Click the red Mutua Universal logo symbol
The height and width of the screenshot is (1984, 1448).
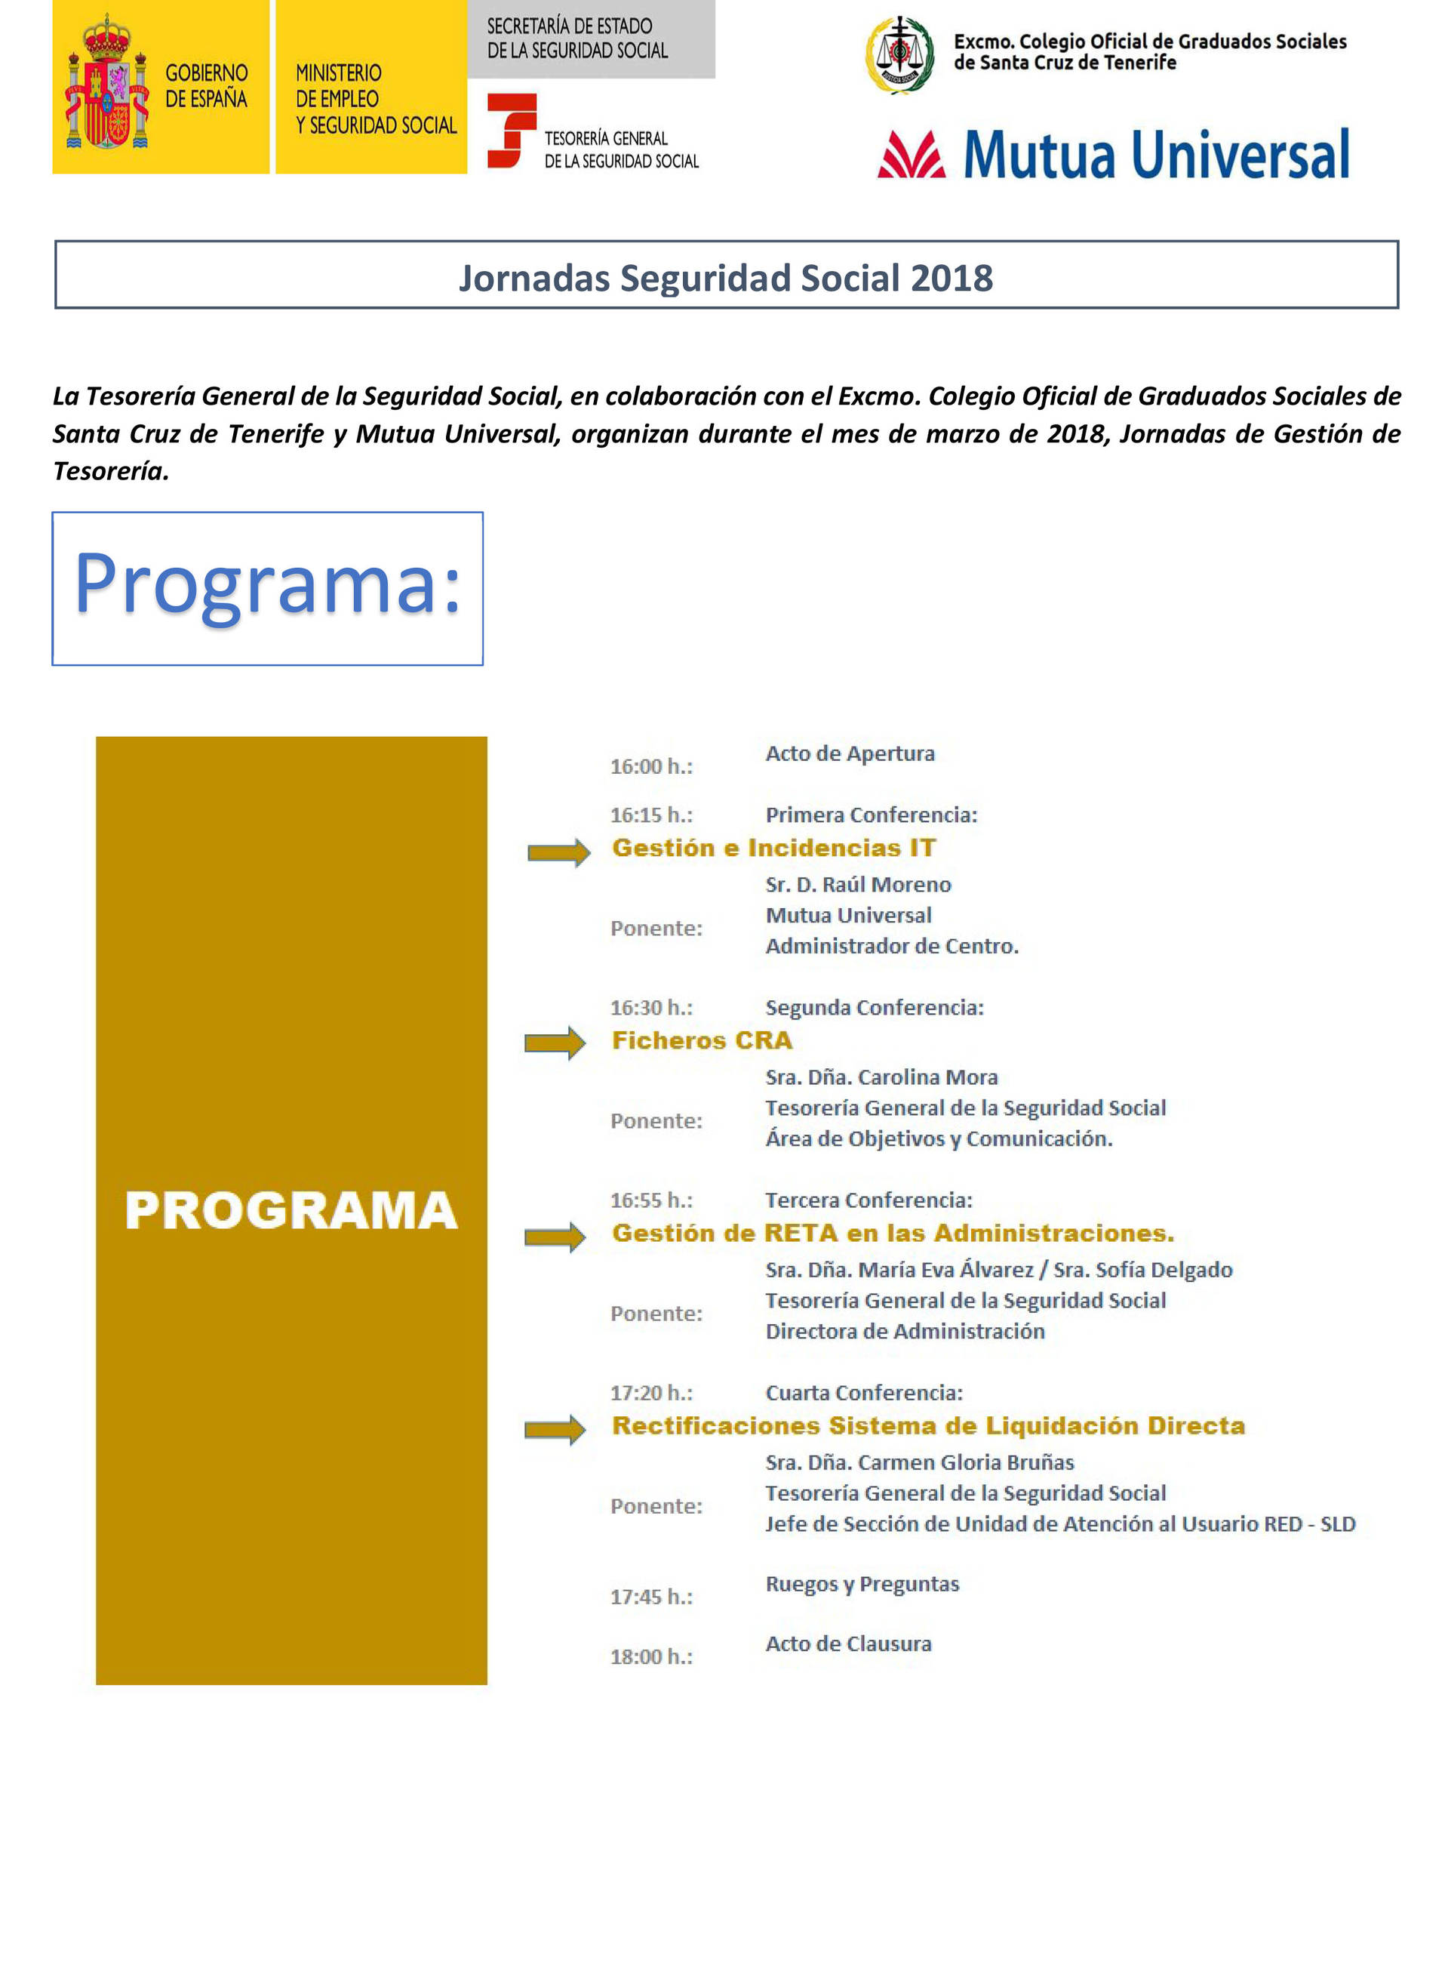911,156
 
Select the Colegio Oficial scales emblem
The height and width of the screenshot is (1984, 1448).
899,54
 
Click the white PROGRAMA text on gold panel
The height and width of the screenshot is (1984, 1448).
291,1211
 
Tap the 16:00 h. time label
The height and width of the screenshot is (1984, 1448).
651,766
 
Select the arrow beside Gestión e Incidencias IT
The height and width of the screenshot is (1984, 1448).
558,852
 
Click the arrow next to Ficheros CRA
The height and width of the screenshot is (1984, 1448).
555,1043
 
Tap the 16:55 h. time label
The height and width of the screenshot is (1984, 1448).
651,1200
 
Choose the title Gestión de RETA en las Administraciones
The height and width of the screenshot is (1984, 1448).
893,1233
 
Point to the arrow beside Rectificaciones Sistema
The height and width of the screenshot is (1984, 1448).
555,1429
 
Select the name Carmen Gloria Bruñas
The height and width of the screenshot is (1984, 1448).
965,1462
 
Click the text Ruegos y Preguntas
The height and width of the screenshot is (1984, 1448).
862,1583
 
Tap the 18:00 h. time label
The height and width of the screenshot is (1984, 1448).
651,1656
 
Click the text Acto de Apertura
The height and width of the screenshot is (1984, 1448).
850,753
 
